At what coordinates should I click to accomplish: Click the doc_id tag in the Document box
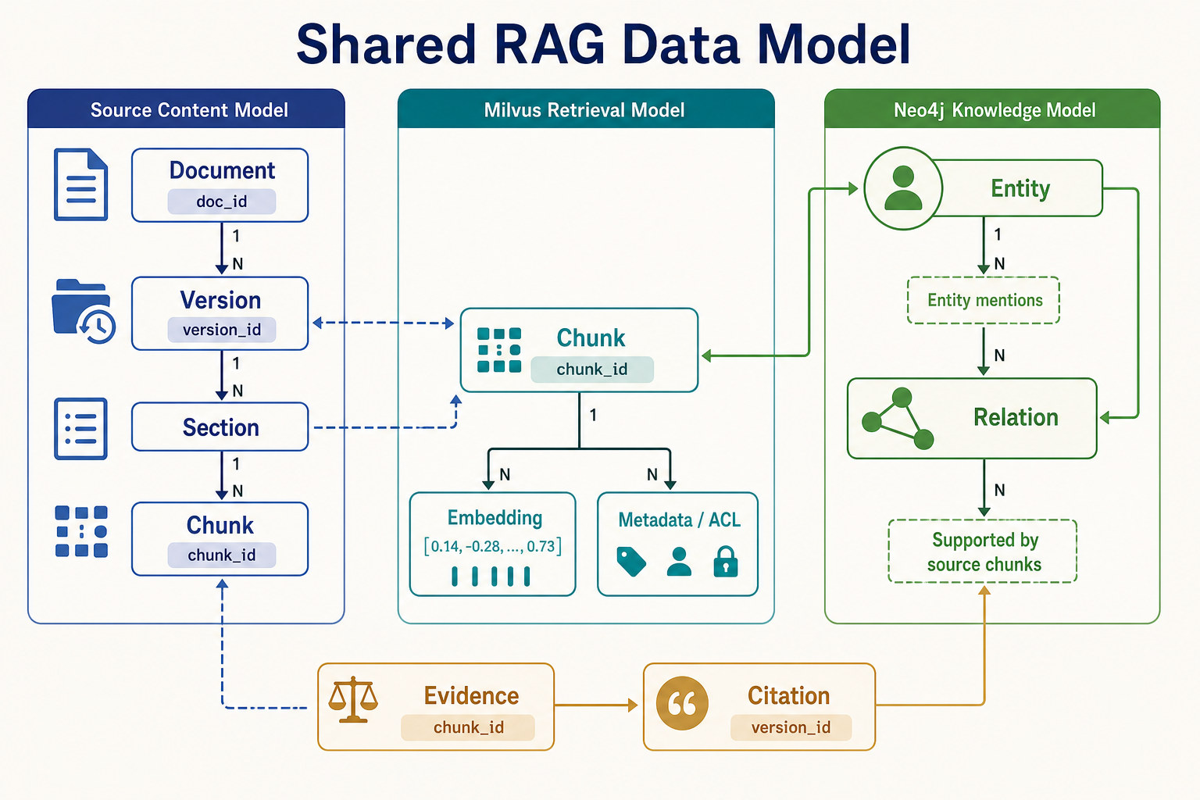coord(222,202)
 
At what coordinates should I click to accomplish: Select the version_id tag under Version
coord(222,330)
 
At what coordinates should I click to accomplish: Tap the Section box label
coord(221,427)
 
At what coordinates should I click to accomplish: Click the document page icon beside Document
coord(81,184)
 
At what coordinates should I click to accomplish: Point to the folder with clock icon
coord(84,311)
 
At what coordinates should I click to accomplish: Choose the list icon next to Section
coord(81,429)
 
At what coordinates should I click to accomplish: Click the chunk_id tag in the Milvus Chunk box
coord(592,370)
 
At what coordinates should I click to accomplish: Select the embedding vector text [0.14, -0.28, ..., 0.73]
coord(493,546)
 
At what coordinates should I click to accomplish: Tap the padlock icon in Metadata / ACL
coord(726,561)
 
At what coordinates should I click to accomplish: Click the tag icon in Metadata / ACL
coord(631,562)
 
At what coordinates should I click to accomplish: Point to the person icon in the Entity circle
coord(903,187)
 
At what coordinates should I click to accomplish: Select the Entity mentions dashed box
coord(984,300)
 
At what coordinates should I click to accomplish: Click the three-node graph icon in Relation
coord(898,419)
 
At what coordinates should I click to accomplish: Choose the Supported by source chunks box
coord(983,551)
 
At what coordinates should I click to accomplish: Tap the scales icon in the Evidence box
coord(353,699)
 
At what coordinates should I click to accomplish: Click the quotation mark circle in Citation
coord(682,704)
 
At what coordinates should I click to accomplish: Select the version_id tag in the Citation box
coord(791,727)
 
